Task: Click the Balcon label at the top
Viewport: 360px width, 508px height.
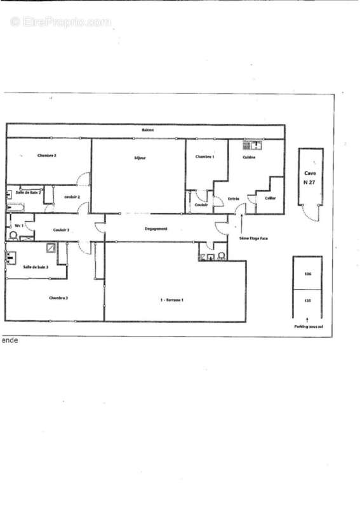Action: click(x=147, y=130)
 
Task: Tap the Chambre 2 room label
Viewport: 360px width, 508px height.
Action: click(x=47, y=155)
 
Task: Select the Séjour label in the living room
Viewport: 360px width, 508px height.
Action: click(x=140, y=157)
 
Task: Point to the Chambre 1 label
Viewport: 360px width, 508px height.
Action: click(x=204, y=156)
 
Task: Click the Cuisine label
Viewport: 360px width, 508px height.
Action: click(x=249, y=157)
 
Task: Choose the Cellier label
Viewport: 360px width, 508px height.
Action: click(x=270, y=198)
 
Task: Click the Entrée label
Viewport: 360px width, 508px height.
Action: click(x=234, y=199)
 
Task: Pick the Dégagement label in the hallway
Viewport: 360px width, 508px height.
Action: click(x=156, y=229)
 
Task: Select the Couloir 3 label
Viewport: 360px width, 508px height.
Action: click(x=61, y=230)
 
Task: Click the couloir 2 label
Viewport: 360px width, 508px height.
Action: click(x=70, y=197)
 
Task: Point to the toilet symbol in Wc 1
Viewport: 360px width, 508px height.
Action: click(x=13, y=234)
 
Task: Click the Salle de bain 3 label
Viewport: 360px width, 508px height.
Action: click(x=36, y=267)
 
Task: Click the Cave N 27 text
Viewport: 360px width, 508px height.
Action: click(x=310, y=177)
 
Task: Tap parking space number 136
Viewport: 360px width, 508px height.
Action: click(x=308, y=274)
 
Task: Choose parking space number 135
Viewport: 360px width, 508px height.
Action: click(x=308, y=301)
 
